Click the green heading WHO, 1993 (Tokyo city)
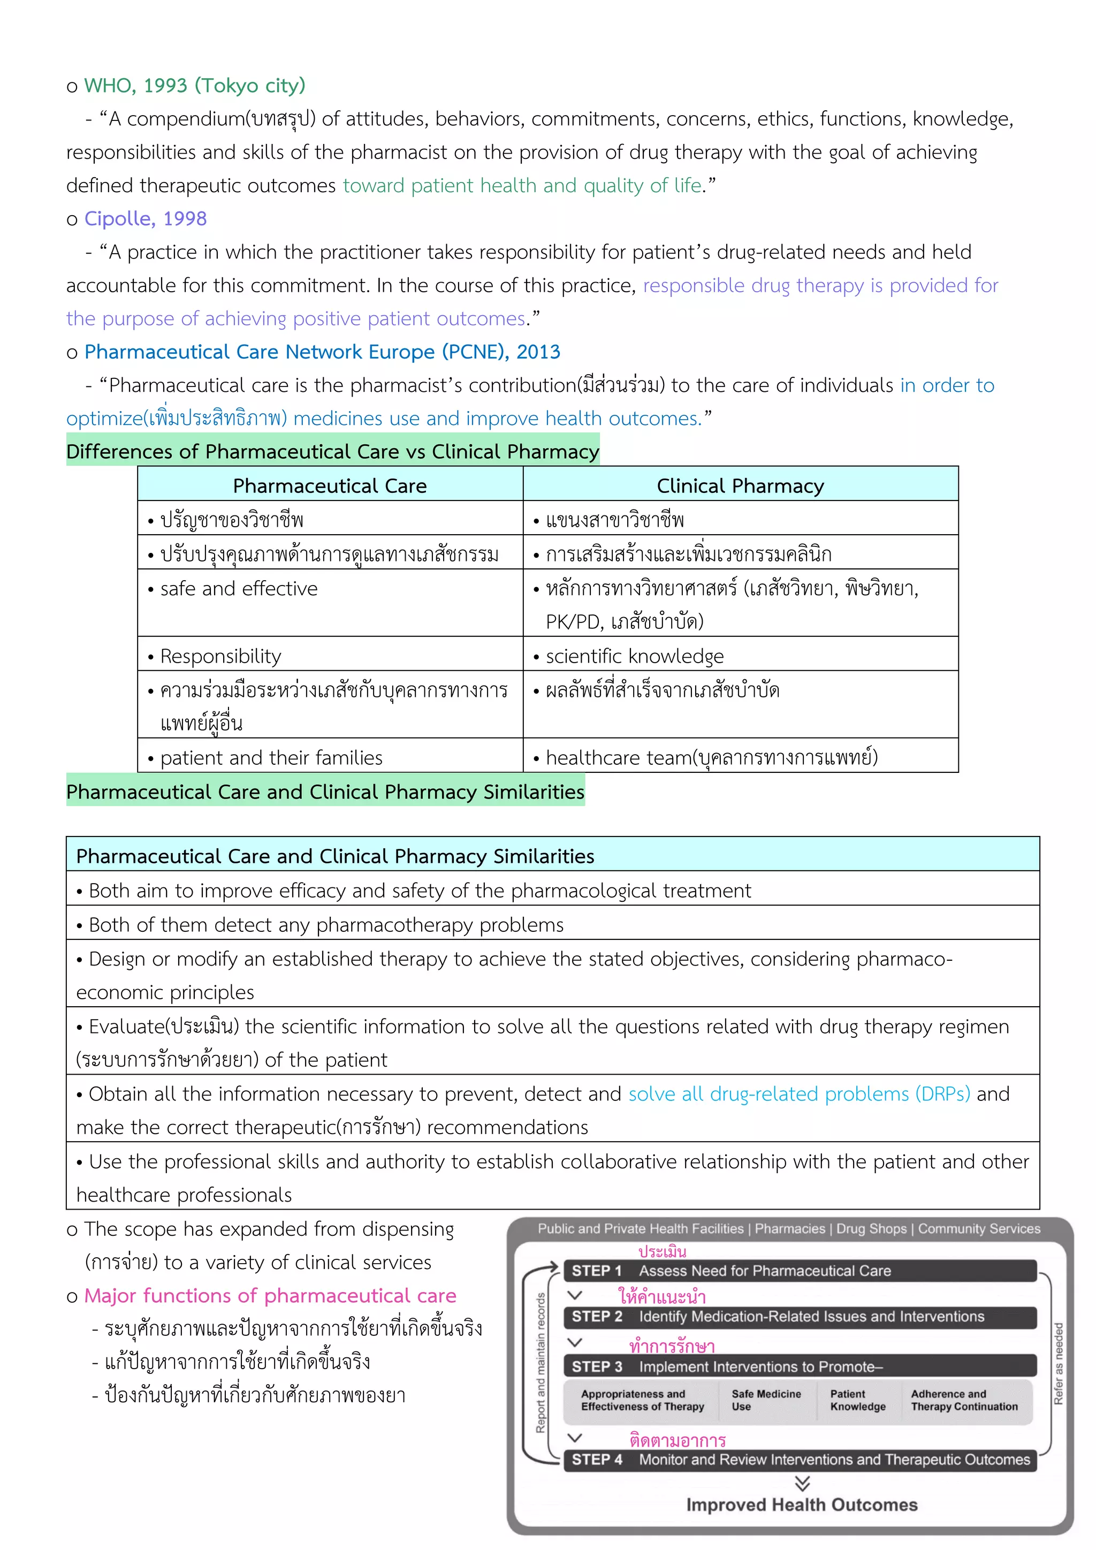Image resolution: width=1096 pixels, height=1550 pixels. click(x=194, y=86)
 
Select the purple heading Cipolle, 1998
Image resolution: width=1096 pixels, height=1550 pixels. click(x=145, y=219)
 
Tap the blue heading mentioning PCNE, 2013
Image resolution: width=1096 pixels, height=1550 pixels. click(x=322, y=352)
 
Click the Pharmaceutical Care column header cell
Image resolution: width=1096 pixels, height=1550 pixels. click(x=330, y=485)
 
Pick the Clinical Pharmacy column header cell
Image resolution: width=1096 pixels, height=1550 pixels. click(x=740, y=485)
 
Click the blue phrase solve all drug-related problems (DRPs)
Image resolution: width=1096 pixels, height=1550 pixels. click(x=799, y=1093)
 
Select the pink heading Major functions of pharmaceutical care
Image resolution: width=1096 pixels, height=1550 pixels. click(x=270, y=1295)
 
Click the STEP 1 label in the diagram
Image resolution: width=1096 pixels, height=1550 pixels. click(x=596, y=1271)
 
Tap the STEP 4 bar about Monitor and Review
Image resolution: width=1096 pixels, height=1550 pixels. click(x=800, y=1460)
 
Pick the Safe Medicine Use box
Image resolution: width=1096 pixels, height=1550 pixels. click(x=766, y=1400)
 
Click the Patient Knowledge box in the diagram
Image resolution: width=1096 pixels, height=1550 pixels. click(x=857, y=1400)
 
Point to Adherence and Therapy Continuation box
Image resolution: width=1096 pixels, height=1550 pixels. click(x=964, y=1400)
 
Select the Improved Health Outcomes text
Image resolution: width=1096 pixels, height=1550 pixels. click(x=802, y=1505)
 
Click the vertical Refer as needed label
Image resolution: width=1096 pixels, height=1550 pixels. click(x=1058, y=1364)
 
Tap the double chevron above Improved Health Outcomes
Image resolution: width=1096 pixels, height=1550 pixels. click(x=802, y=1483)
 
